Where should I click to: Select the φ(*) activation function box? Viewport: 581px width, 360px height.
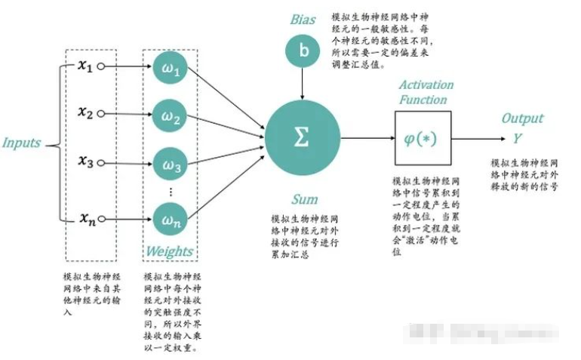point(423,140)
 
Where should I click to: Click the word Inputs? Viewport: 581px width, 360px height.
point(21,143)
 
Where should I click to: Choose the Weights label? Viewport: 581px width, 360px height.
point(168,251)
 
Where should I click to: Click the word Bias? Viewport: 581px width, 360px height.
point(303,19)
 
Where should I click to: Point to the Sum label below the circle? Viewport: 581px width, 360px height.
point(304,199)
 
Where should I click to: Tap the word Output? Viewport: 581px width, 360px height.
point(522,118)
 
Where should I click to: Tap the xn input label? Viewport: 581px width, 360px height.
point(87,219)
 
